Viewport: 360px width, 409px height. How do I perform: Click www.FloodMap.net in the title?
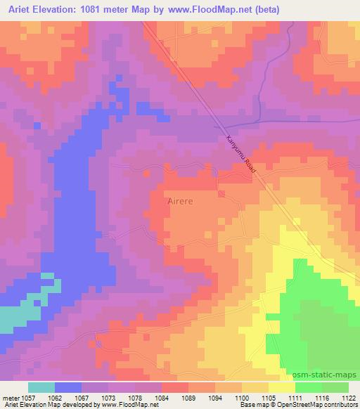(222, 9)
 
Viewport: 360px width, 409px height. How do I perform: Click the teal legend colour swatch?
(41, 387)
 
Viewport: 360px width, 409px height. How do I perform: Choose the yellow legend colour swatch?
(282, 387)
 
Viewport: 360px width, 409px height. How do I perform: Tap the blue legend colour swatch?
(68, 387)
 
